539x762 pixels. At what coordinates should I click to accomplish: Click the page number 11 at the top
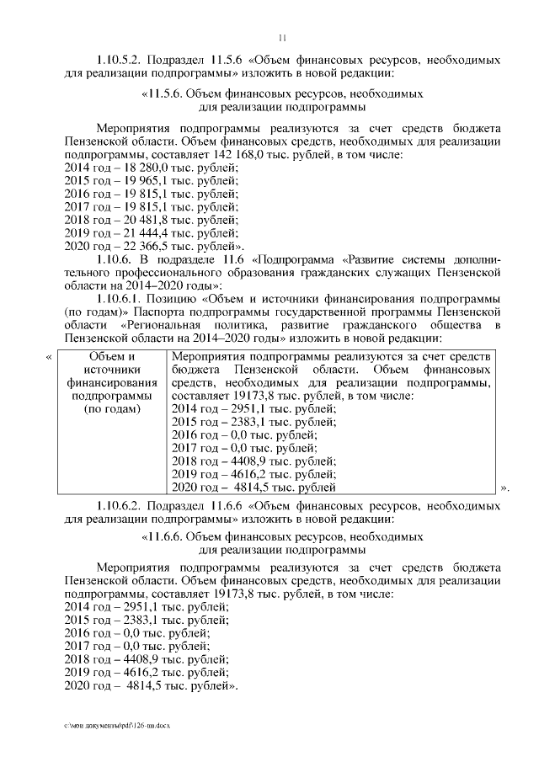click(282, 37)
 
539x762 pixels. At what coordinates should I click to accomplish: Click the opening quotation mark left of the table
click(48, 357)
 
